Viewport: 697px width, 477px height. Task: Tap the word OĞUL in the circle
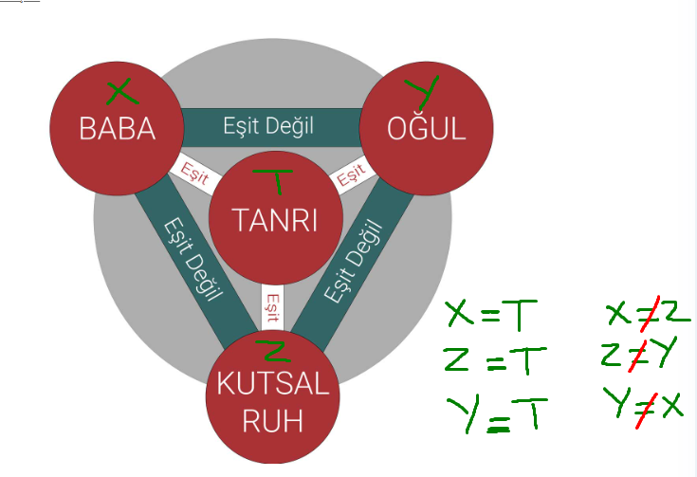coord(427,129)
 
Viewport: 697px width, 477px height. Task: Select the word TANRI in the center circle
coord(274,220)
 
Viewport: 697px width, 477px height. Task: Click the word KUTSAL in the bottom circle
coord(273,386)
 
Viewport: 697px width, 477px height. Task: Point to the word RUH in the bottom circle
coord(273,421)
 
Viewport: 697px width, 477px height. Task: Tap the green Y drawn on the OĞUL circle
coord(422,91)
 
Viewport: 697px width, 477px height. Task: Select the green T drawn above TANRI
coord(276,178)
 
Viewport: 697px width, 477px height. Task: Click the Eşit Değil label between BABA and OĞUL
coord(268,124)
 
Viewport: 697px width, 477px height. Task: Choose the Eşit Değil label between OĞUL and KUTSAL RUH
coord(353,261)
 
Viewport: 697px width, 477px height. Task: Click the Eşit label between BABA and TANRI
coord(194,174)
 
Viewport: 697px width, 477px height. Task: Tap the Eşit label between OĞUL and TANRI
coord(350,174)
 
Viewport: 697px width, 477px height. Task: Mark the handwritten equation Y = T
coord(497,413)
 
